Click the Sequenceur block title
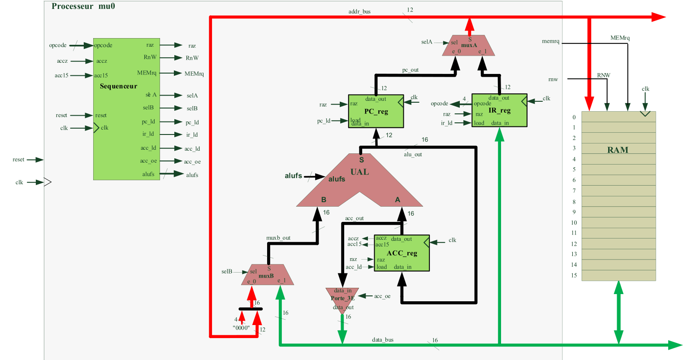point(118,86)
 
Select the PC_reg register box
point(376,111)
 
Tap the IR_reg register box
point(499,110)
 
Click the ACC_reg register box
point(402,253)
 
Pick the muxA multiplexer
point(469,46)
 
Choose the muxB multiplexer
point(268,275)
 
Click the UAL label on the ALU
point(359,172)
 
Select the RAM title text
point(618,150)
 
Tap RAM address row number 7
point(574,191)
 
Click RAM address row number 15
point(574,275)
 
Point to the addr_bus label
point(359,12)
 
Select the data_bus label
point(383,340)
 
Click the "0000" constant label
point(241,328)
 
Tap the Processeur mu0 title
point(83,6)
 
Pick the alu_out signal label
point(413,154)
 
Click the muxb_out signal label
point(279,238)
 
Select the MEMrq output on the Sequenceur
point(147,73)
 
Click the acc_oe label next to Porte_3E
point(382,296)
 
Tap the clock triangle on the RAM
point(644,113)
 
